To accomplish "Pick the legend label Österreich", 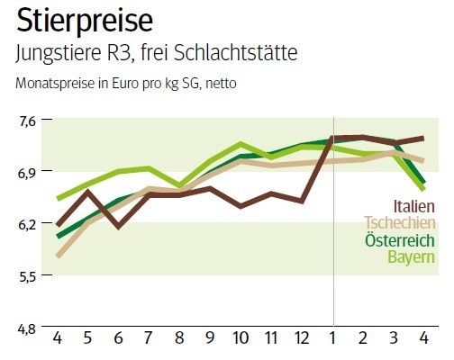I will click(401, 240).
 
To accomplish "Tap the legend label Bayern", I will click(412, 258).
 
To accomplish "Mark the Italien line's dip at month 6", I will click(119, 227).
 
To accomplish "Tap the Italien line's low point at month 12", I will click(302, 201).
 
